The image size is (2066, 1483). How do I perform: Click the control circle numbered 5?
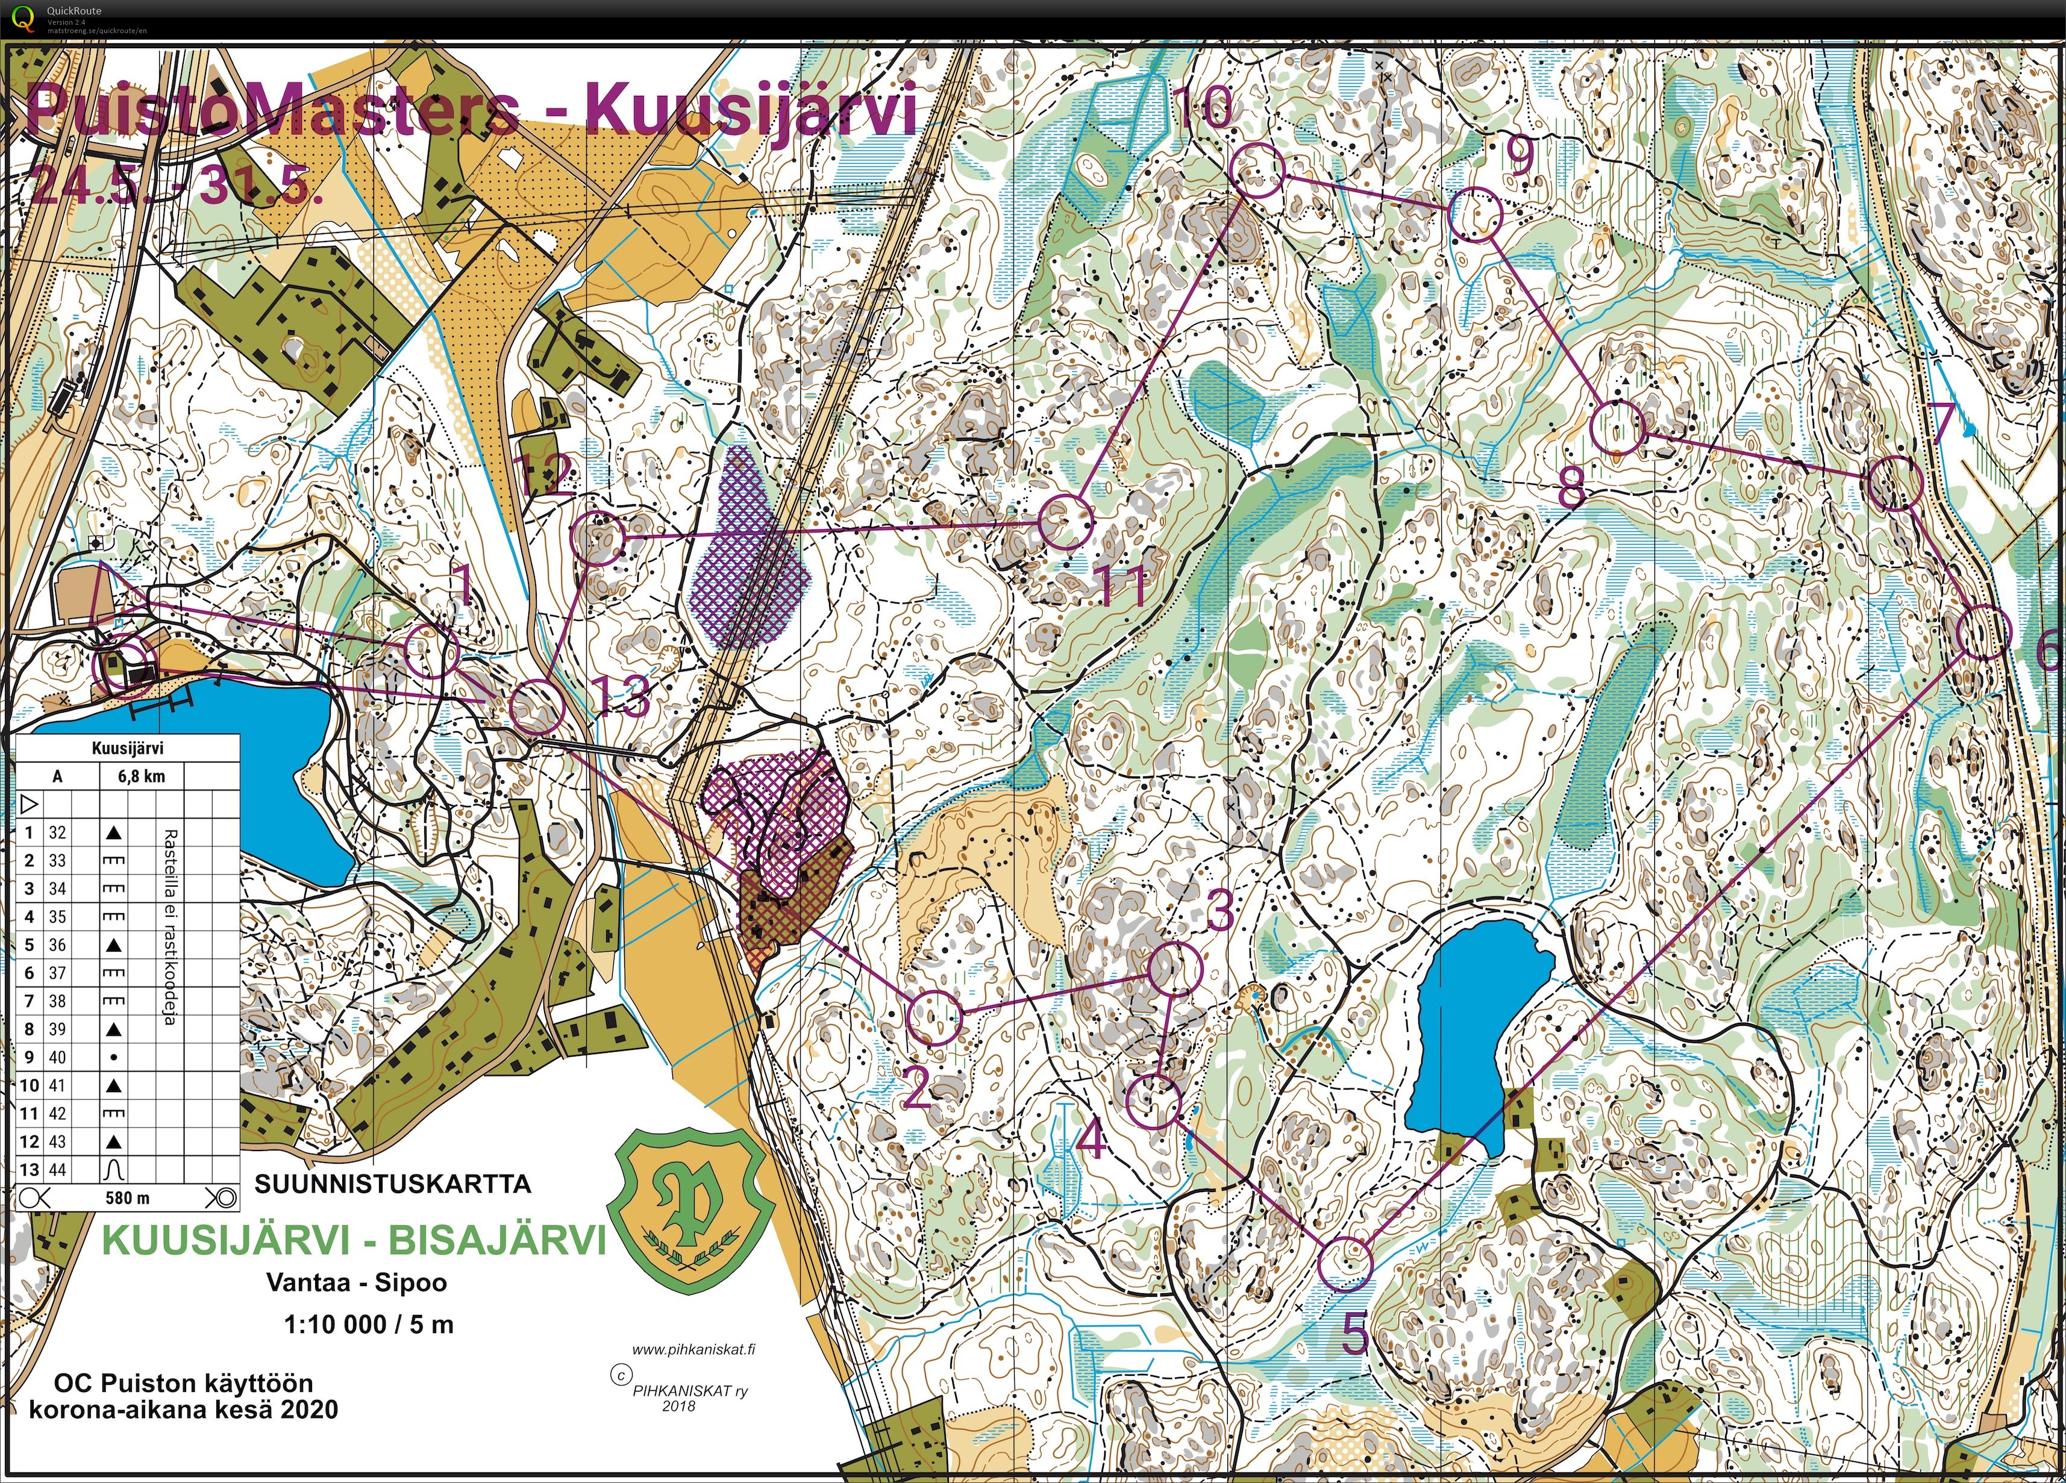(x=1345, y=1264)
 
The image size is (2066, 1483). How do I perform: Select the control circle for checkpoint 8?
(x=1618, y=427)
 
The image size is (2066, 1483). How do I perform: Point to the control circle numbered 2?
(x=936, y=1017)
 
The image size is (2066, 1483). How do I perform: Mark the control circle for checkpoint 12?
(x=598, y=539)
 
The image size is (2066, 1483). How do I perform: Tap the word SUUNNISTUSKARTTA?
(x=393, y=1184)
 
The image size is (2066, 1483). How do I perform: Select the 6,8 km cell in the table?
(x=140, y=777)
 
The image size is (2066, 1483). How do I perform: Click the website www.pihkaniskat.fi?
(x=692, y=1350)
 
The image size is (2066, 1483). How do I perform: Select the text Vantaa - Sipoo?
(x=356, y=1282)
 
